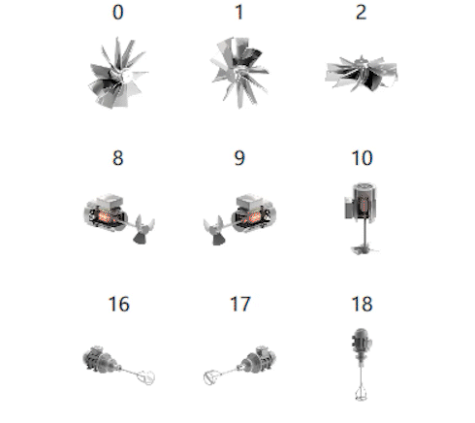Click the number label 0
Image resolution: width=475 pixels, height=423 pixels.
point(118,13)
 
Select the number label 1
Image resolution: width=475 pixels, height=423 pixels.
point(239,13)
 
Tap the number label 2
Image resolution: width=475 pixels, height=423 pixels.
point(361,13)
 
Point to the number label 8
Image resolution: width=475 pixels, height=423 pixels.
point(118,158)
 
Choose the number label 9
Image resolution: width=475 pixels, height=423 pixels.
point(239,158)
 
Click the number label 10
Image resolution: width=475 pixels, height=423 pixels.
point(362,158)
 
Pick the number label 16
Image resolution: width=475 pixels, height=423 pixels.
point(119,305)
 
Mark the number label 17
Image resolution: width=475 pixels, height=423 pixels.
point(240,305)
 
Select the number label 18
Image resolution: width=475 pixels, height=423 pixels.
point(362,305)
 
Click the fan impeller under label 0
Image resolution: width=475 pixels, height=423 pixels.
point(117,74)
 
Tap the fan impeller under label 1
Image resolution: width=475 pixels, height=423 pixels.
point(239,73)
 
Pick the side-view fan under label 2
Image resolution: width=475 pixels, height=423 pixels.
point(362,74)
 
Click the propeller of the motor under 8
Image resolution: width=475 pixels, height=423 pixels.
point(143,229)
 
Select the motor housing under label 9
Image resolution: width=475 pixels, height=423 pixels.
point(254,212)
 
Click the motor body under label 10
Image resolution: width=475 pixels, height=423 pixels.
point(361,202)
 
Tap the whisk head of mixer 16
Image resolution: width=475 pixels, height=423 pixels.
point(146,377)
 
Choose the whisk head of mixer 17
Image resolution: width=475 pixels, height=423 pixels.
point(212,377)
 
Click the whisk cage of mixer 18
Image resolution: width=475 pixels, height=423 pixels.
point(361,392)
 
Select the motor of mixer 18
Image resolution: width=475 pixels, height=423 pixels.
point(362,343)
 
